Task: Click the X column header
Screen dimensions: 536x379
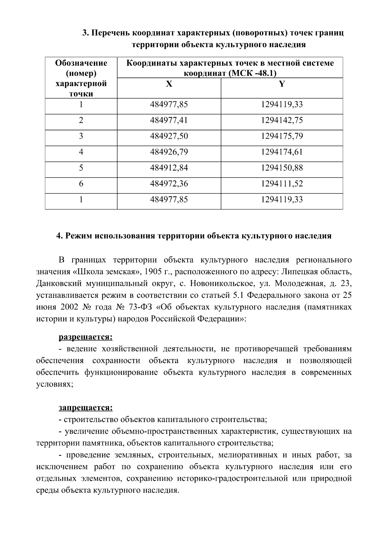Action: (x=169, y=84)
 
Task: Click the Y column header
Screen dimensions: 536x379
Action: (x=282, y=84)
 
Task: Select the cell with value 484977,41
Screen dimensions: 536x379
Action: (x=169, y=120)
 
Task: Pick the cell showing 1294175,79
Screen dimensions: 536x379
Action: (x=282, y=136)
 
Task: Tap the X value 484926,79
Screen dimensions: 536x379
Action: (x=169, y=152)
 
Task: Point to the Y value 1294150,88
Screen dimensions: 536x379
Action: (x=282, y=168)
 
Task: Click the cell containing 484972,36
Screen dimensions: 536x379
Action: (x=169, y=184)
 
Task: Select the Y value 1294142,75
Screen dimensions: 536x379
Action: (x=282, y=120)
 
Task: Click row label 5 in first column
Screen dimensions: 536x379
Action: (x=81, y=168)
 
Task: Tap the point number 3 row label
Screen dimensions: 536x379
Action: (x=81, y=136)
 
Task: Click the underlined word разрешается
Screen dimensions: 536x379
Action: (x=86, y=337)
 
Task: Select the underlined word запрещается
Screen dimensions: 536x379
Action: (x=86, y=408)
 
